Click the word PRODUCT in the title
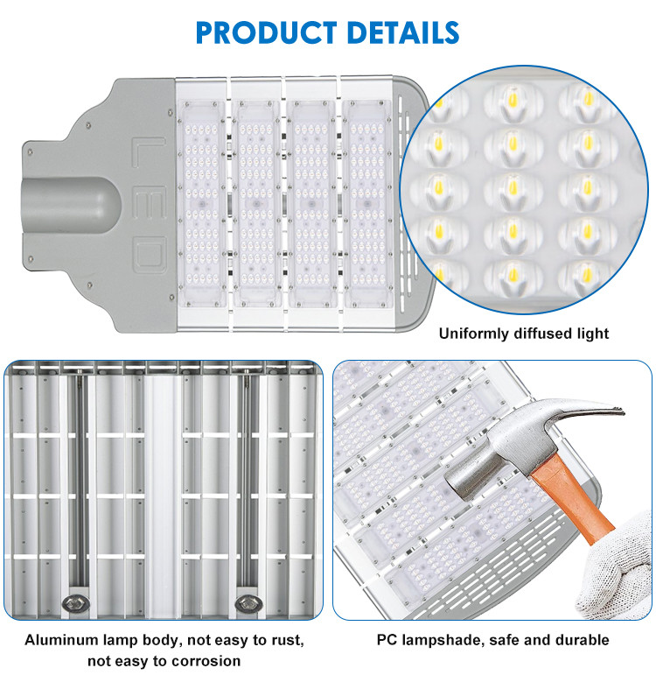point(266,32)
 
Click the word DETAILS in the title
point(402,32)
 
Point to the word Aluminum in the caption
point(62,640)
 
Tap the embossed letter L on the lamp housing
point(149,152)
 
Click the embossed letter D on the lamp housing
point(150,253)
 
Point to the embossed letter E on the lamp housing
point(150,202)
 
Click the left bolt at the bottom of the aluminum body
point(75,603)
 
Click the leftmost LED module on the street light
point(202,204)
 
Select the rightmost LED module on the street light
point(367,204)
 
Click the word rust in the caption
point(288,640)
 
